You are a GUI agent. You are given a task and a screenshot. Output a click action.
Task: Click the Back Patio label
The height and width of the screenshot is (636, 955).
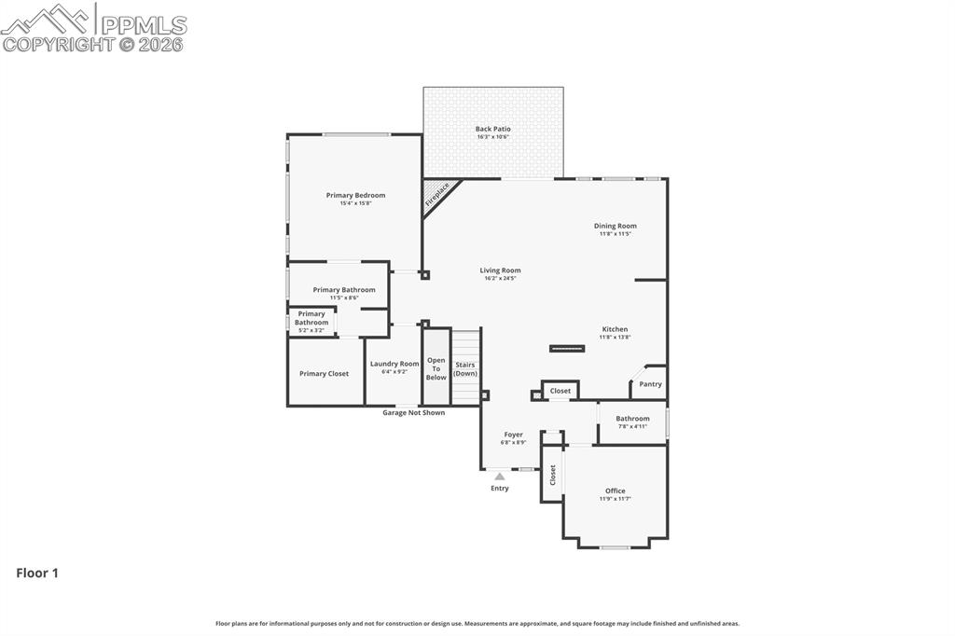tap(492, 129)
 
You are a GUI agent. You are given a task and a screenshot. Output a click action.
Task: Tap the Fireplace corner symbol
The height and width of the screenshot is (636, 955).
tap(437, 194)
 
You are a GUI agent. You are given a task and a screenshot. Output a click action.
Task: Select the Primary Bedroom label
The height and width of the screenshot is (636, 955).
tap(355, 195)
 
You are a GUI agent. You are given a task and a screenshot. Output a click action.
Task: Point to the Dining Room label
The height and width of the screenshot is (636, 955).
tap(616, 226)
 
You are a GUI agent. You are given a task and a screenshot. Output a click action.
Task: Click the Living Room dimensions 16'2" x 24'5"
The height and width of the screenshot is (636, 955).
tap(500, 278)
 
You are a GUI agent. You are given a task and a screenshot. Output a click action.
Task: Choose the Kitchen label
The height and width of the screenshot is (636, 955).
tap(615, 329)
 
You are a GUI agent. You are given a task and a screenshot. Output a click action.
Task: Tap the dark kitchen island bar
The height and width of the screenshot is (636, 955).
tap(567, 349)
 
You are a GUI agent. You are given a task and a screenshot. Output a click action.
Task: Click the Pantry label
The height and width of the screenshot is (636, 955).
tap(650, 384)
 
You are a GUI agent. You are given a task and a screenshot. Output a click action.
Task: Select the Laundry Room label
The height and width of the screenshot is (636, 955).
tap(394, 364)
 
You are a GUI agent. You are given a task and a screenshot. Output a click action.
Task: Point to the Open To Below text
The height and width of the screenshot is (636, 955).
tap(436, 368)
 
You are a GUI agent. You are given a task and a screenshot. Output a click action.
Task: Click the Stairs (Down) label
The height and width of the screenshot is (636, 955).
tap(465, 368)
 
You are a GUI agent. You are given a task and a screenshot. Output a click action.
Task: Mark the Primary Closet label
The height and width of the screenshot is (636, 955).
tap(325, 374)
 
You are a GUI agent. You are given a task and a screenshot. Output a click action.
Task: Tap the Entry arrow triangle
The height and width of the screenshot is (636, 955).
tap(500, 477)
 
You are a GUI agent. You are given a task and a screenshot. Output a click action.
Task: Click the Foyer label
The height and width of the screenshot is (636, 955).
tap(513, 435)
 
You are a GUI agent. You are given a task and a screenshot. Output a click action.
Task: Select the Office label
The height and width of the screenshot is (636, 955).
tap(615, 491)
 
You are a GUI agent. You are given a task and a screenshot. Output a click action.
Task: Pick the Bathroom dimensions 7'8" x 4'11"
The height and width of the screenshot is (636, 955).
tap(632, 426)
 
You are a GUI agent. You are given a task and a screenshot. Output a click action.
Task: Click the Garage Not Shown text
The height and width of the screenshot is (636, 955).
tap(413, 412)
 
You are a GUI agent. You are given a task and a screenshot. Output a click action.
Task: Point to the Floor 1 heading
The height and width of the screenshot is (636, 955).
tap(37, 573)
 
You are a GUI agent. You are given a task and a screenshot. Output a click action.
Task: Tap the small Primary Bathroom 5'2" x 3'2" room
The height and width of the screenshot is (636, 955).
tap(311, 322)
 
